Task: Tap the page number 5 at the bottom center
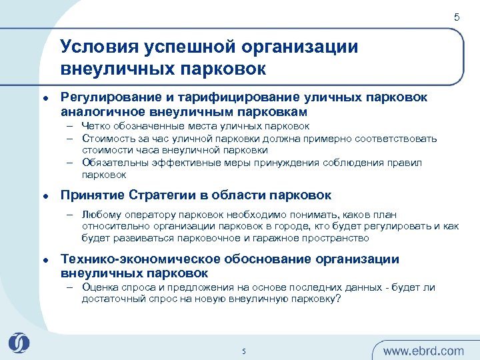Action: point(244,351)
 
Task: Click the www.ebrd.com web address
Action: point(423,351)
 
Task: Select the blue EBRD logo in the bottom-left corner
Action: point(19,343)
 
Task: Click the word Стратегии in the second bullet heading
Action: point(171,195)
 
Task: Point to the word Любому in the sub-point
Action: point(101,215)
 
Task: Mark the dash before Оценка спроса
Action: point(69,287)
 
